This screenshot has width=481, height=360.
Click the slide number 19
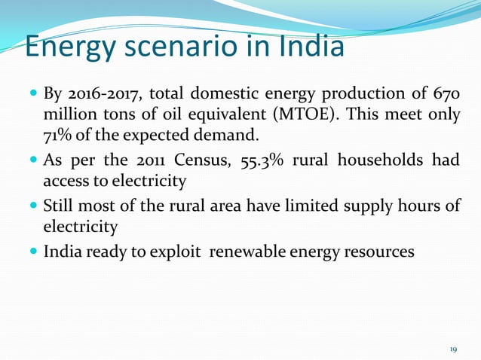454,349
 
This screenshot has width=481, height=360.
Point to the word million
68,115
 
